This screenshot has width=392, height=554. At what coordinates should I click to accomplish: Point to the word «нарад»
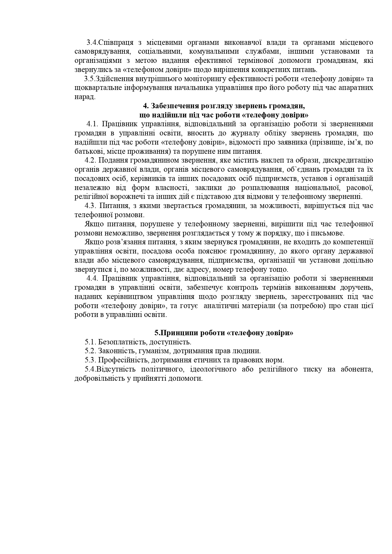[85, 97]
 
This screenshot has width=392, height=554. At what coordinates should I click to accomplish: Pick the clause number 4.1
[93, 124]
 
